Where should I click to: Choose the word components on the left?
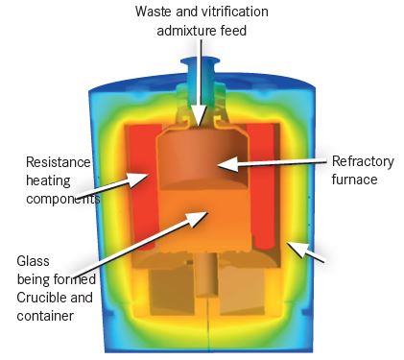[59, 198]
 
